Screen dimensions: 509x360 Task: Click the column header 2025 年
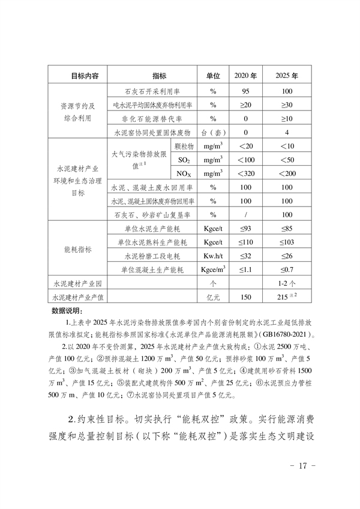[287, 77]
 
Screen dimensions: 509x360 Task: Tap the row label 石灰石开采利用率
[152, 92]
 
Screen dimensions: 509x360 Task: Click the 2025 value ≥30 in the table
[287, 105]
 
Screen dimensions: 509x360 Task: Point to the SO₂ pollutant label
[184, 160]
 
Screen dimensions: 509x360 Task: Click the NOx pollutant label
[184, 173]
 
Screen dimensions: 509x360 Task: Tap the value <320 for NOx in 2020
[245, 173]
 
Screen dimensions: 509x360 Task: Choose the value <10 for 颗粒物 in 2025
[287, 146]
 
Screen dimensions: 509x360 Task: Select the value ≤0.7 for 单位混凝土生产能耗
[287, 270]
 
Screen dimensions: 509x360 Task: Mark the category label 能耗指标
[77, 249]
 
